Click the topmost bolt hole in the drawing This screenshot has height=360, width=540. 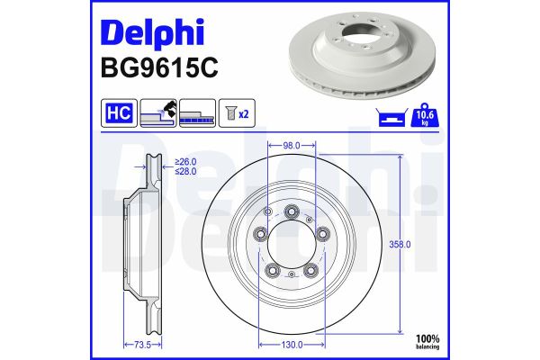click(292, 211)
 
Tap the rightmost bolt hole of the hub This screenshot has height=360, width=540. click(322, 234)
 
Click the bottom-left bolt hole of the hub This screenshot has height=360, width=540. click(273, 269)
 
